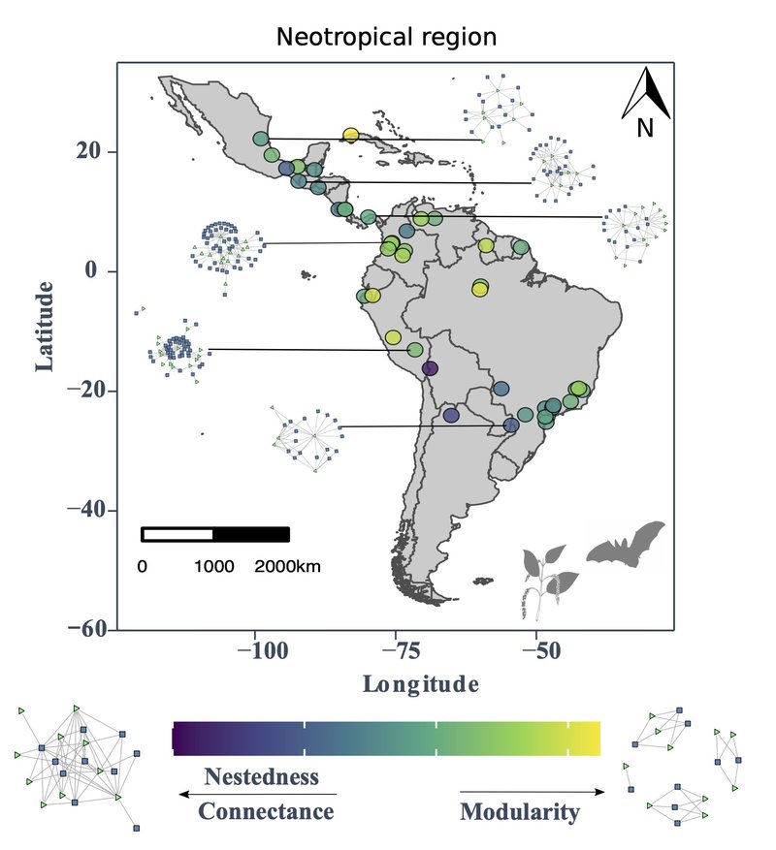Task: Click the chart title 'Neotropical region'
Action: [x=386, y=38]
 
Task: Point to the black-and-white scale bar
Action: [x=215, y=534]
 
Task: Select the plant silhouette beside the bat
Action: [x=549, y=580]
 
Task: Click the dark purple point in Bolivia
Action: [x=430, y=368]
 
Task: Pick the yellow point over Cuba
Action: [x=351, y=136]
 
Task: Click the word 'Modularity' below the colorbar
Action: [x=519, y=811]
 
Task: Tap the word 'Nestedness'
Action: [x=261, y=776]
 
